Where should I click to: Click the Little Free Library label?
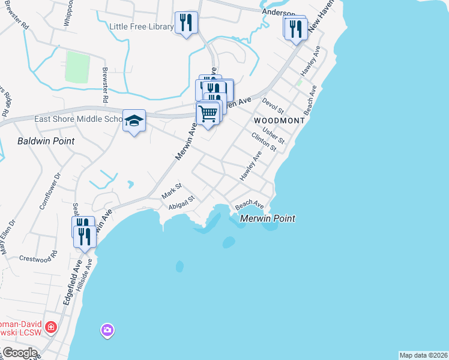click(141, 26)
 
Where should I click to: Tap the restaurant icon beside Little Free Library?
click(185, 23)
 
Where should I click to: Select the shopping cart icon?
click(208, 113)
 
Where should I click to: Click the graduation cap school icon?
click(134, 119)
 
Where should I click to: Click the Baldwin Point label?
click(46, 141)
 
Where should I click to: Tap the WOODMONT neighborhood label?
click(279, 121)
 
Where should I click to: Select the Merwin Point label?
click(268, 219)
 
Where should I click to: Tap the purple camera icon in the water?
click(107, 329)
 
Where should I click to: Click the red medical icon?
click(52, 328)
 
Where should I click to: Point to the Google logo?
click(20, 353)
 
